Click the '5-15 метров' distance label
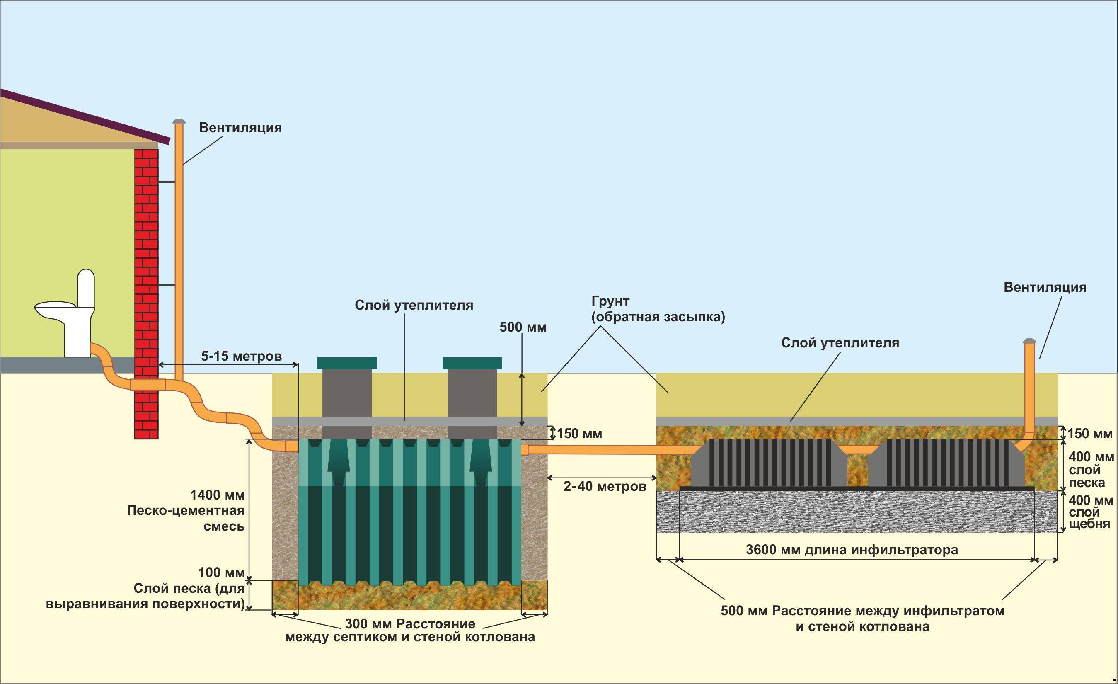[242, 356]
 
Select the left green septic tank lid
[347, 363]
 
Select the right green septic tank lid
[472, 363]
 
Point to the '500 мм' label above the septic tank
[523, 327]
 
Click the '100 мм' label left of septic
[221, 572]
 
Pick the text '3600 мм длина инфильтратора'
[852, 550]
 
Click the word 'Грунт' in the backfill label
[610, 301]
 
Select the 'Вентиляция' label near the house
[240, 128]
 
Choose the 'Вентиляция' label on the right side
[1045, 287]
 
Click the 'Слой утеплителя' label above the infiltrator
[840, 343]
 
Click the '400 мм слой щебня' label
[1089, 512]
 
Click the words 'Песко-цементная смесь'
[186, 518]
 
